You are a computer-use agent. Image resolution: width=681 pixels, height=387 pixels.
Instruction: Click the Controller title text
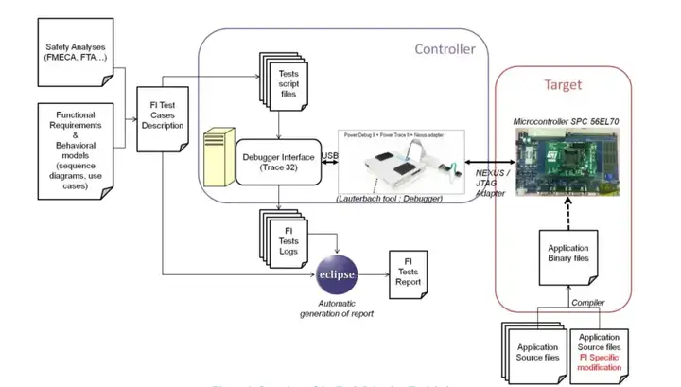(445, 48)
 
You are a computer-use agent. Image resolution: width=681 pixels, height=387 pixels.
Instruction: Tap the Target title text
(563, 84)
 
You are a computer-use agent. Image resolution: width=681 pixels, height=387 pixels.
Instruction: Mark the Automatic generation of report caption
(337, 307)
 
